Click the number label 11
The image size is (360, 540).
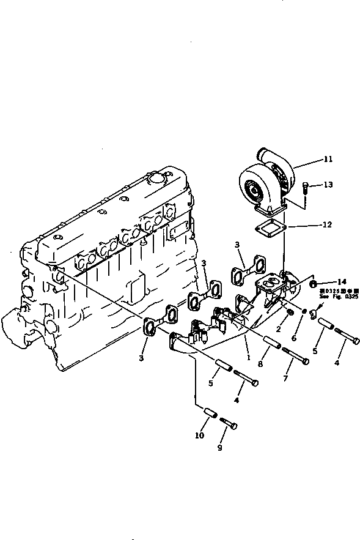coord(328,160)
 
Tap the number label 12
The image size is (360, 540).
coord(327,225)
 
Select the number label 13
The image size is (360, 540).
coord(328,184)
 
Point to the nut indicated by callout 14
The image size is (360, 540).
coord(314,284)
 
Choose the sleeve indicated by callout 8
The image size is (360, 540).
coord(272,342)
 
